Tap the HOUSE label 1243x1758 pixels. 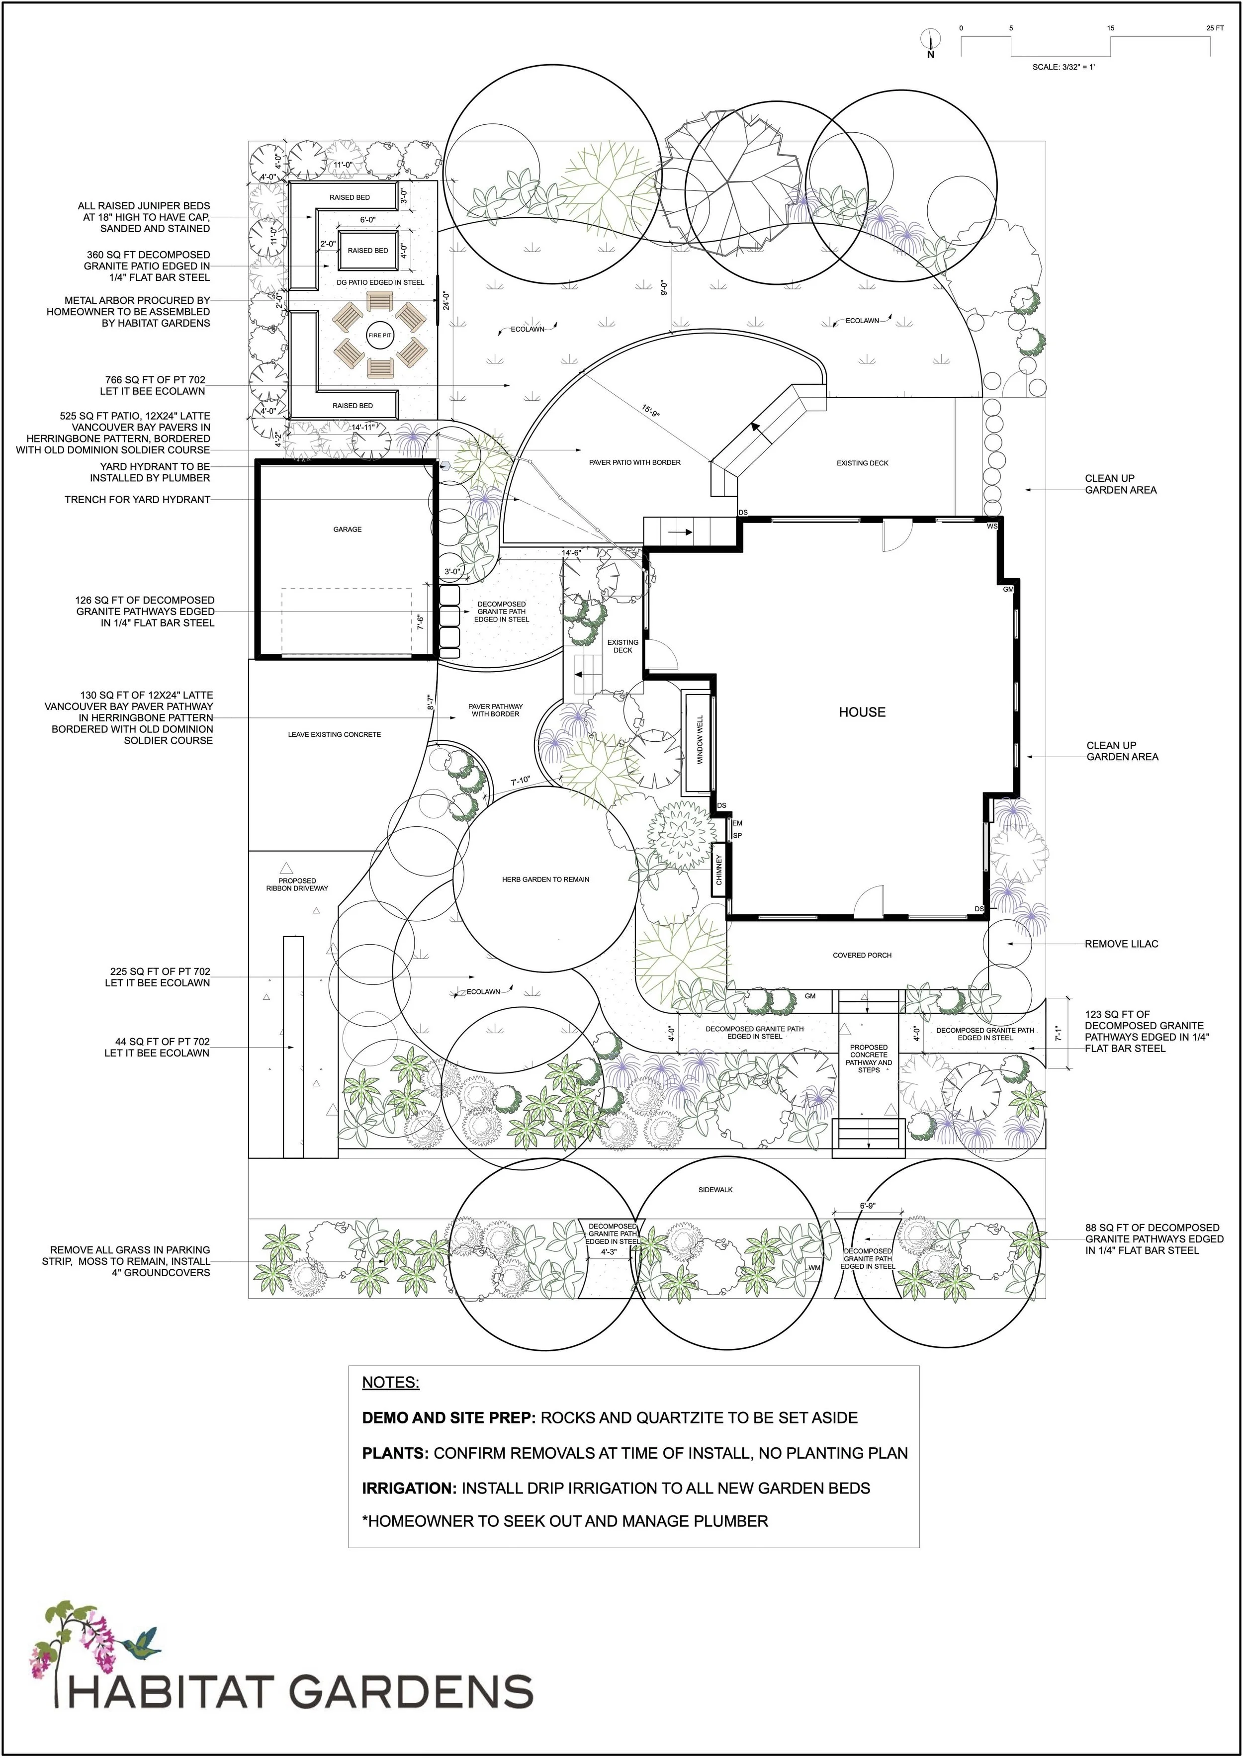[x=862, y=712]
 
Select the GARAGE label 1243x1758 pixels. [x=347, y=529]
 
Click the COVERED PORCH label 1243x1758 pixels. [x=862, y=955]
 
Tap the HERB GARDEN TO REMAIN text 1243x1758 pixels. [x=545, y=879]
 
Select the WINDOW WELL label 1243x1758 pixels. [x=699, y=740]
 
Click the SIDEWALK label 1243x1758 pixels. [x=715, y=1189]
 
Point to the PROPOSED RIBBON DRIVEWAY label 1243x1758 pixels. [x=297, y=884]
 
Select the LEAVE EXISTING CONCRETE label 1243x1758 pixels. [x=334, y=734]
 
